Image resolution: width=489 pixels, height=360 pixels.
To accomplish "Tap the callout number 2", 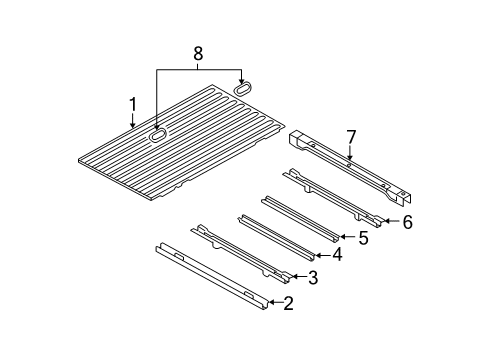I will tap(288, 303).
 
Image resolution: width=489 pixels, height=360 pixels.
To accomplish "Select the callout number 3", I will tap(314, 277).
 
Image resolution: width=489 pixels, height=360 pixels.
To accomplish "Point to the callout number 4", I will tap(338, 256).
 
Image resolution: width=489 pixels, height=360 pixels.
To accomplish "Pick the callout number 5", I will tap(364, 238).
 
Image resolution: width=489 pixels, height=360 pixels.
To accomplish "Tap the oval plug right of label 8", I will tap(242, 88).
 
